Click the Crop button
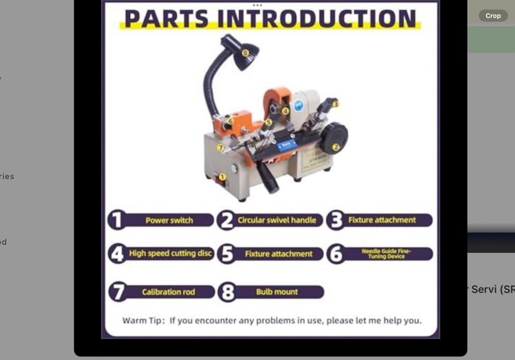493,16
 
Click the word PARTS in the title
166,19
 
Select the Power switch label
169,220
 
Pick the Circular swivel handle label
277,220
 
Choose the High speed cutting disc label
170,253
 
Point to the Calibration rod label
168,292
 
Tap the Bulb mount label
277,292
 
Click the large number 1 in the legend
117,220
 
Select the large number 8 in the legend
227,292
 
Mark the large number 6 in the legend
336,254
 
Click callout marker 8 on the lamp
245,53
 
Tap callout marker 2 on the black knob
336,147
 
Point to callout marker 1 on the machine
222,177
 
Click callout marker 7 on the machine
220,148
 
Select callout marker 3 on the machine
336,104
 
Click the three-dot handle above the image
257,5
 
